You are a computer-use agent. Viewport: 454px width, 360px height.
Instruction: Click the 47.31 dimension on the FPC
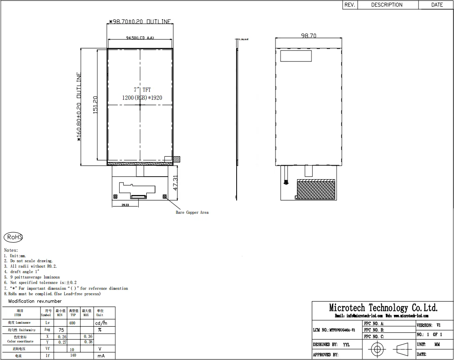pyautogui.click(x=176, y=183)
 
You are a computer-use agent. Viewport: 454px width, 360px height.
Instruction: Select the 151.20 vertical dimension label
pyautogui.click(x=95, y=105)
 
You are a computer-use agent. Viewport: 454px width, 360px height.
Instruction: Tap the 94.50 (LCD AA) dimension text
pyautogui.click(x=140, y=38)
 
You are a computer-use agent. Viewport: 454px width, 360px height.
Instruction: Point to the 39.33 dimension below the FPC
pyautogui.click(x=125, y=205)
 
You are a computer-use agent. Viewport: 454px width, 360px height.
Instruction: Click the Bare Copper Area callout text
pyautogui.click(x=192, y=213)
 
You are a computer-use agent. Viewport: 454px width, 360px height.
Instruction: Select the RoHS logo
pyautogui.click(x=13, y=237)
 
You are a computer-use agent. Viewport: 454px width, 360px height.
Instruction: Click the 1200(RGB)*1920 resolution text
pyautogui.click(x=142, y=98)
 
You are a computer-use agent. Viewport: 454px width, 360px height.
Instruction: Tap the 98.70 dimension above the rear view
pyautogui.click(x=309, y=36)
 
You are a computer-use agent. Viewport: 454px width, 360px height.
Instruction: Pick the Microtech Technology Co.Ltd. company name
pyautogui.click(x=383, y=308)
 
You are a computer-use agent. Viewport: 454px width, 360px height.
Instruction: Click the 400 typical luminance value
pyautogui.click(x=72, y=323)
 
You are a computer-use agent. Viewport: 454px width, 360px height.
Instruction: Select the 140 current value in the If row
pyautogui.click(x=73, y=355)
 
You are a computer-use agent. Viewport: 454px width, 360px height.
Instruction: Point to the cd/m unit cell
pyautogui.click(x=100, y=323)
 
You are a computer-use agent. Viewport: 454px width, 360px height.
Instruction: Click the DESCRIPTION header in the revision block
pyautogui.click(x=387, y=5)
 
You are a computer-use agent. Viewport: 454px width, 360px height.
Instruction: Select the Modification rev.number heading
pyautogui.click(x=35, y=301)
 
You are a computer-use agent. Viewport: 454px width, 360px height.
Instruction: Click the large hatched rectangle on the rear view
pyautogui.click(x=316, y=189)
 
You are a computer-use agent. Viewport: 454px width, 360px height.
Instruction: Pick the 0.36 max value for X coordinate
pyautogui.click(x=88, y=336)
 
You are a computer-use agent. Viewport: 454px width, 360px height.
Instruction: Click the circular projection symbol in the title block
pyautogui.click(x=377, y=348)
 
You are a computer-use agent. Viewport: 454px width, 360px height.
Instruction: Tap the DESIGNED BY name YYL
pyautogui.click(x=347, y=345)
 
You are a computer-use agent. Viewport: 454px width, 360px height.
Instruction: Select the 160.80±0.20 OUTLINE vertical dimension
pyautogui.click(x=79, y=106)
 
